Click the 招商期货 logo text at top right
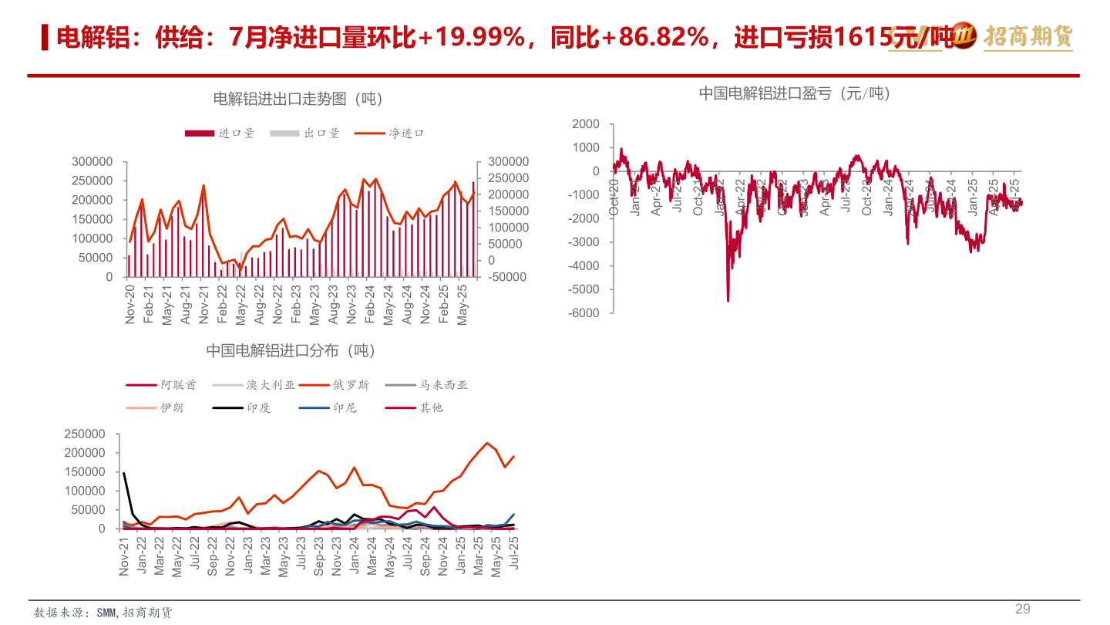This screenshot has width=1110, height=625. [x=1028, y=35]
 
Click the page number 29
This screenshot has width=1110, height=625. [x=1022, y=609]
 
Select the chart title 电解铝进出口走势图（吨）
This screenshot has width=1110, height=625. [x=298, y=99]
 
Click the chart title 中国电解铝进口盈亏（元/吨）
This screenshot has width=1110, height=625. [x=794, y=93]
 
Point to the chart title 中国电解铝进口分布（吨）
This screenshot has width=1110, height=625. [x=291, y=350]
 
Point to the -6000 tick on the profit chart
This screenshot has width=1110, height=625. [x=584, y=313]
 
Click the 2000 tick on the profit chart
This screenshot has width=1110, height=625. [x=586, y=124]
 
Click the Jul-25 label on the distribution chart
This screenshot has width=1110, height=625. [x=513, y=556]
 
